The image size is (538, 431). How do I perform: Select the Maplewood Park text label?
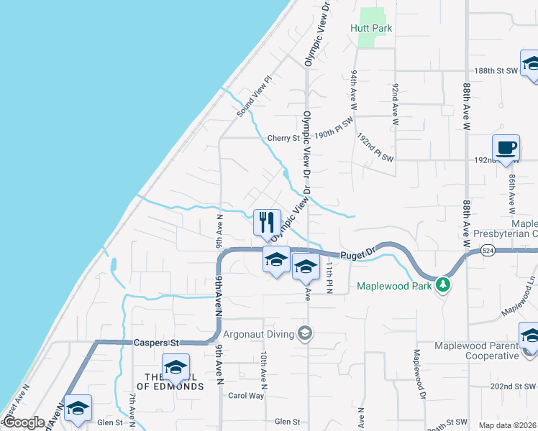[x=395, y=286]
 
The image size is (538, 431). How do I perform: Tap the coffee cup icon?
[x=506, y=147]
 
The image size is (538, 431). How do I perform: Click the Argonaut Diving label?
[x=258, y=334]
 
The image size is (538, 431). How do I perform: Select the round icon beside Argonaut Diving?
[x=306, y=333]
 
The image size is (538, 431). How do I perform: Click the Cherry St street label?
[x=283, y=138]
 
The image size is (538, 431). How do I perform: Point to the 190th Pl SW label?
[x=334, y=129]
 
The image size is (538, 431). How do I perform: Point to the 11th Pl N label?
[x=328, y=277]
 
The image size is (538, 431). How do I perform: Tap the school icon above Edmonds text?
[x=175, y=368]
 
